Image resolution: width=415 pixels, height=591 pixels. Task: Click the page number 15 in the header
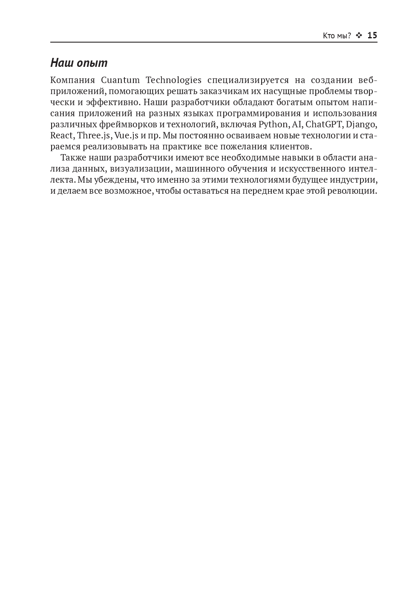[372, 35]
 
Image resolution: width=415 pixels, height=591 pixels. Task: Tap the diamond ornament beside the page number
[359, 35]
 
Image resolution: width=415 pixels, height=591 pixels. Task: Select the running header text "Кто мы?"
[337, 36]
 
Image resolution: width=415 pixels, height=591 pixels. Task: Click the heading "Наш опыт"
[79, 63]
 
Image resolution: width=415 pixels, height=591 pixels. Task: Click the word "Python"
[273, 124]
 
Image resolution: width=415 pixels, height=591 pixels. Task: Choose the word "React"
[62, 135]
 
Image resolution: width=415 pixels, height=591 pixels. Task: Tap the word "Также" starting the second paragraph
[74, 158]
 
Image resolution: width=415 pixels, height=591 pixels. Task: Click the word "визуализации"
[139, 169]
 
